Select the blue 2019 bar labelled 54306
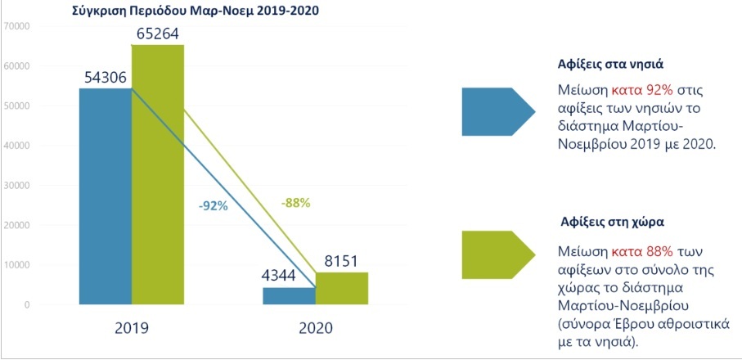click(105, 196)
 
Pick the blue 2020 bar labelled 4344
click(289, 296)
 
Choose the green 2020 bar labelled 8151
click(341, 289)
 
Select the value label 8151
click(341, 256)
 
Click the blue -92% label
click(213, 206)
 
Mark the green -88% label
click(295, 202)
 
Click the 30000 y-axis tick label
click(16, 186)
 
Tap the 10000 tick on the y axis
click(16, 265)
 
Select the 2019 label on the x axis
click(131, 327)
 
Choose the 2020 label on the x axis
click(315, 327)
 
